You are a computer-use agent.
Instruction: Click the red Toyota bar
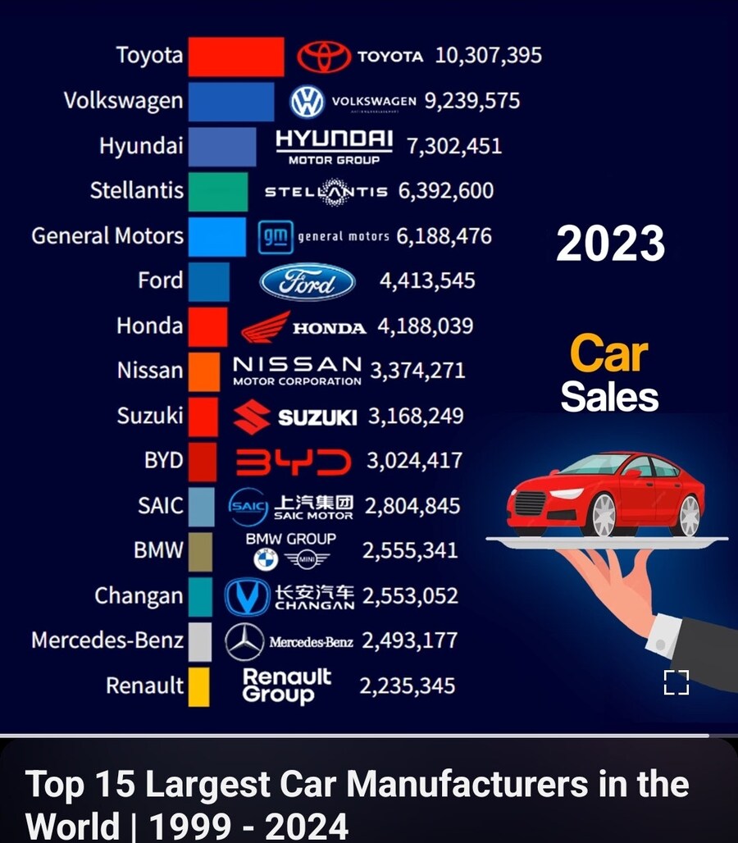236,57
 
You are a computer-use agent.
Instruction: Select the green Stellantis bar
217,191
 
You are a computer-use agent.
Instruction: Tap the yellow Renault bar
198,686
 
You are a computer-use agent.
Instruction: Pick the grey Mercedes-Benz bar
200,641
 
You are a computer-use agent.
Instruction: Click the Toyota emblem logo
323,57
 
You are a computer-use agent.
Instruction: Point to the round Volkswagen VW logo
307,102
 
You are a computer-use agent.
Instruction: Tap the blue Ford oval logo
307,282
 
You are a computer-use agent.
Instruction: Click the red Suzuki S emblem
252,417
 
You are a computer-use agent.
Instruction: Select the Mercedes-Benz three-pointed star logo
244,641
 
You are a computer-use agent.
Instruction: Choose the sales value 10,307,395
488,56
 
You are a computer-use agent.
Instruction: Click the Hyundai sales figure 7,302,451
453,146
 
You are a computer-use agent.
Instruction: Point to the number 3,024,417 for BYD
414,461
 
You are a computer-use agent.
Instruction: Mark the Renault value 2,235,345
407,686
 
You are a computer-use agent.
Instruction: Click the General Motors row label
107,236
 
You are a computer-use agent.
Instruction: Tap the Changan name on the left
139,596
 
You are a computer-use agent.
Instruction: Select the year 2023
610,244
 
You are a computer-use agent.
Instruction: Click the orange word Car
608,353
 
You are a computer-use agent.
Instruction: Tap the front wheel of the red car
603,515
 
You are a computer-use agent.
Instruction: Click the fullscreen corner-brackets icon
676,682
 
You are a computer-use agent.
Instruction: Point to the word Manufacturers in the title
467,785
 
